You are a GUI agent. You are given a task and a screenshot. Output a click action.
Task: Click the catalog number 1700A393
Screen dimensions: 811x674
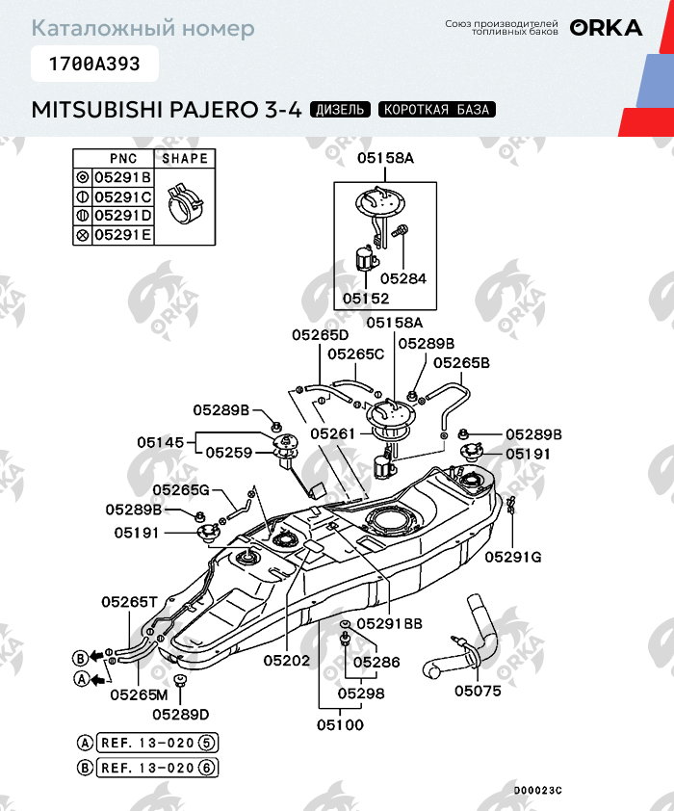coord(93,65)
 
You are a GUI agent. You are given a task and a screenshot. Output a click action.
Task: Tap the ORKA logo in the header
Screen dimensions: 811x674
coord(606,28)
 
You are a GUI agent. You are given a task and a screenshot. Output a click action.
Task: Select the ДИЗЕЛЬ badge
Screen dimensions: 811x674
coord(340,110)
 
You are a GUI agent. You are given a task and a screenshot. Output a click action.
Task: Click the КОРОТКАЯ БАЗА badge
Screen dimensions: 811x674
coord(437,110)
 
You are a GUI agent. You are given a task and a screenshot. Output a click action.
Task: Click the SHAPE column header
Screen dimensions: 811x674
coord(185,158)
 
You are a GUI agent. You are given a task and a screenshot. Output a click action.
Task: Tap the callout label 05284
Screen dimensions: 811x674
coord(402,278)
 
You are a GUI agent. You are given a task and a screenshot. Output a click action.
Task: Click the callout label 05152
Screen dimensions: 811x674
coord(366,299)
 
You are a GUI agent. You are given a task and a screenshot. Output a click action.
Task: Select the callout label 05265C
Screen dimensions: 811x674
coord(355,353)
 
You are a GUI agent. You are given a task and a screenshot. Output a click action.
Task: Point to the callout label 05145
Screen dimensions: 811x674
coord(160,442)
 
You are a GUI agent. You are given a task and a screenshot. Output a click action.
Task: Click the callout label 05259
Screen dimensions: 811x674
coord(228,452)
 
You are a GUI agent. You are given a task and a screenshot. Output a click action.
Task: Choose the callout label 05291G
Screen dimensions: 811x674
coord(513,556)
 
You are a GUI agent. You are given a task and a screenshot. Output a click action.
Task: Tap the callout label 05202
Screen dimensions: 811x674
coord(286,662)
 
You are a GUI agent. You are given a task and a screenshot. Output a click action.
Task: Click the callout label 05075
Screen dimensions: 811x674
coord(478,690)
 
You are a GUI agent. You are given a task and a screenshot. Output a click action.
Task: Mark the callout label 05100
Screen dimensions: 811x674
coord(341,724)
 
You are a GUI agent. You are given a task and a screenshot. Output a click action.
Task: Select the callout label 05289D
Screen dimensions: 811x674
coord(180,714)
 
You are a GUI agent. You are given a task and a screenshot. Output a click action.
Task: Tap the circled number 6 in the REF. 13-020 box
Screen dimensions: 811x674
coord(208,768)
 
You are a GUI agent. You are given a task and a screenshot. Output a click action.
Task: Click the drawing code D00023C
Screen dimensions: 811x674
coord(536,790)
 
